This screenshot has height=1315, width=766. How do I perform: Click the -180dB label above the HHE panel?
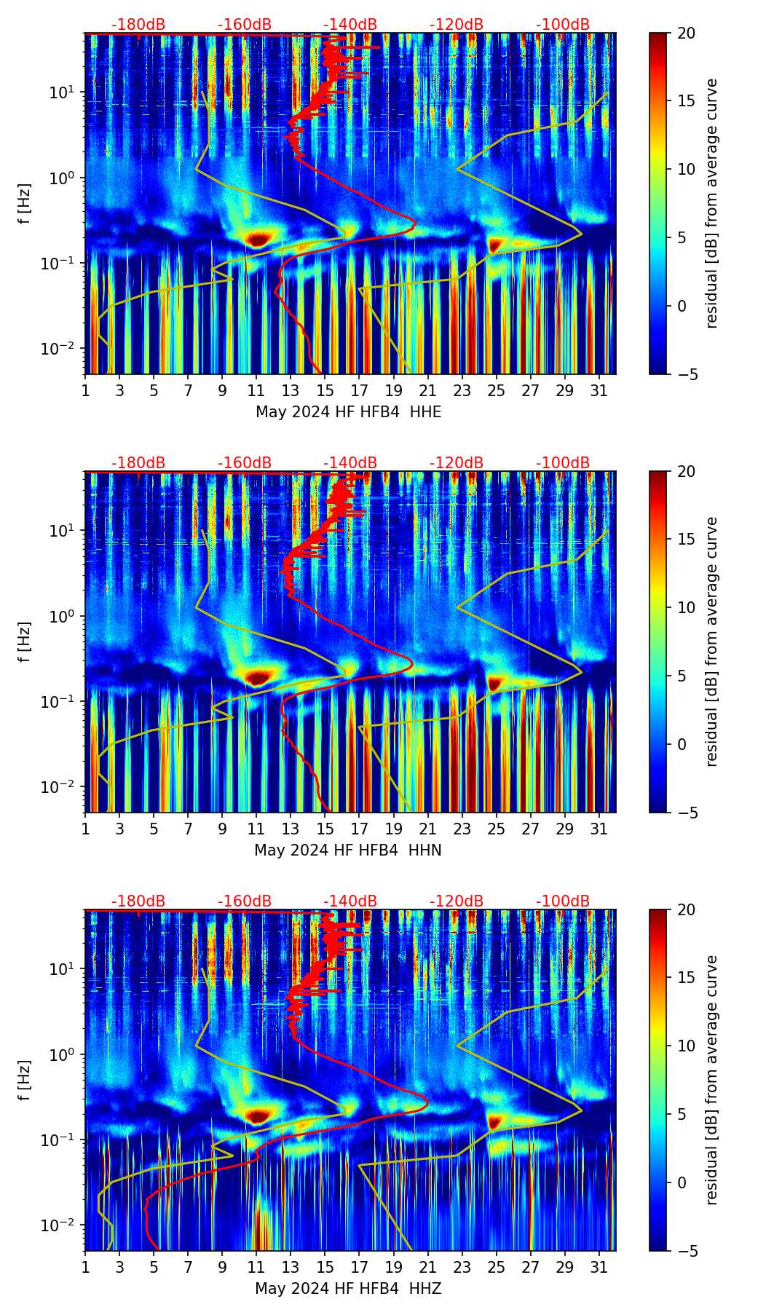138,25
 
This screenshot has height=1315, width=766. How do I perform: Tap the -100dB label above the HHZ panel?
563,901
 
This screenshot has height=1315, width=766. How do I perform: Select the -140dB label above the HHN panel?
350,463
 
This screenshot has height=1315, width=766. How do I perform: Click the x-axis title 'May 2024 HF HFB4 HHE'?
348,412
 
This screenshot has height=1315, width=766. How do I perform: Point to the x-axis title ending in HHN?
348,850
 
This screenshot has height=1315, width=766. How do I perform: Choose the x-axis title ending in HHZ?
348,1289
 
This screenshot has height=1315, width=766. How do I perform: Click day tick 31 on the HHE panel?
599,390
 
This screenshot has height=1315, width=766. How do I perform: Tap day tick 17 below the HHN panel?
360,829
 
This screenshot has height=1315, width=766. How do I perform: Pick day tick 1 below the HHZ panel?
85,1267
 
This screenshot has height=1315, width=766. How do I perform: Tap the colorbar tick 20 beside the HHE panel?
686,33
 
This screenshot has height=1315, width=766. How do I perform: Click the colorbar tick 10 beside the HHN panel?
686,607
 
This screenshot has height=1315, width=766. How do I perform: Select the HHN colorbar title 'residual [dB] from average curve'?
711,641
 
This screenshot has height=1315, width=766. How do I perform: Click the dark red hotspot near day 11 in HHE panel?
258,239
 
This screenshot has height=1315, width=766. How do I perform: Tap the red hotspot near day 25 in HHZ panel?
495,1120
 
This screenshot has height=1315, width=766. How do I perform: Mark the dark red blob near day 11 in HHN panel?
258,678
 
